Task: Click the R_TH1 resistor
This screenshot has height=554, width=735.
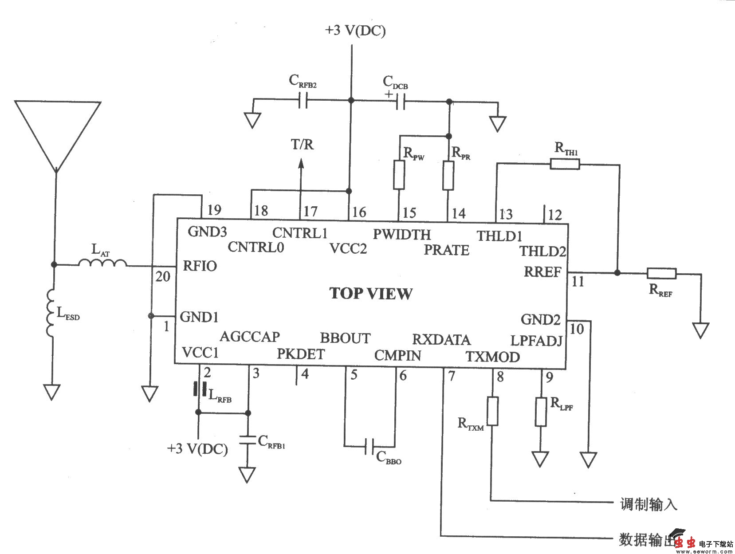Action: [x=565, y=165]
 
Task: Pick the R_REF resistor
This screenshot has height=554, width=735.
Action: [x=661, y=273]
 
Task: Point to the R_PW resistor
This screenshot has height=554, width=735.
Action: [x=399, y=175]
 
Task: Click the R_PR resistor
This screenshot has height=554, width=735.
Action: [x=448, y=176]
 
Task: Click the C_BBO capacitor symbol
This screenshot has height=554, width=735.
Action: [x=369, y=447]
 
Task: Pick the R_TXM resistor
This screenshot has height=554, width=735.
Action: [x=492, y=411]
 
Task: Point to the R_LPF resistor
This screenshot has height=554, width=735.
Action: [x=540, y=412]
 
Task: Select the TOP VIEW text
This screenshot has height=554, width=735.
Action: [x=371, y=293]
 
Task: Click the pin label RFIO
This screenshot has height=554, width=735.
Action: [x=200, y=266]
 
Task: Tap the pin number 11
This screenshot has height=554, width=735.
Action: [x=578, y=282]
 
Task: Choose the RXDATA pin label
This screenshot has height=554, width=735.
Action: [x=441, y=339]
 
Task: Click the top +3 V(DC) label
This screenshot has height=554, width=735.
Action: [x=355, y=31]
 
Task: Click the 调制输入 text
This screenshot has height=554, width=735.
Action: [x=648, y=504]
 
